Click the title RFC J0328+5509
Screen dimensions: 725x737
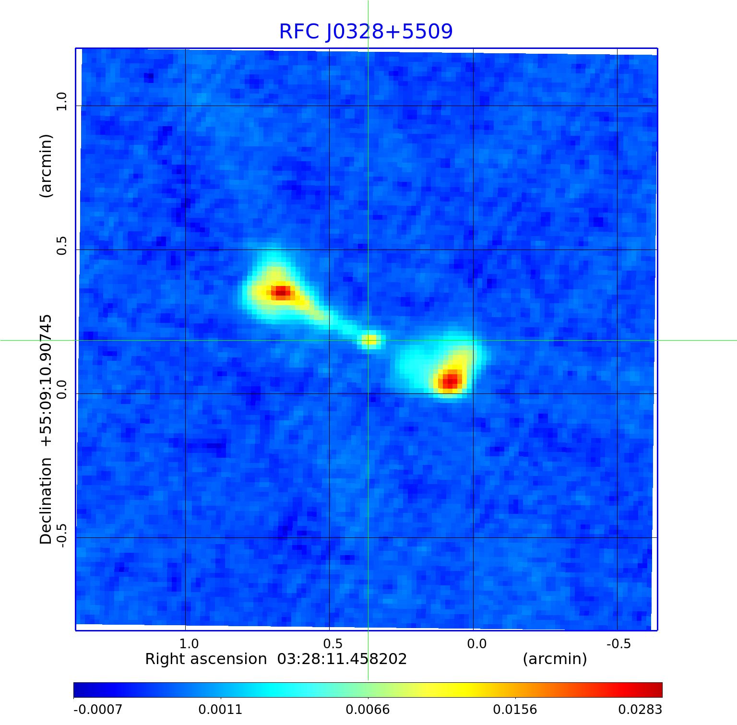(x=366, y=32)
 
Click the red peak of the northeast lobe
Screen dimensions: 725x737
(x=281, y=291)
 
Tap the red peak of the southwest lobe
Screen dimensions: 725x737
(x=450, y=380)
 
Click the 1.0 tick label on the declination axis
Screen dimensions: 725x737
(x=61, y=102)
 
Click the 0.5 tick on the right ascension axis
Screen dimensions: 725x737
(x=333, y=644)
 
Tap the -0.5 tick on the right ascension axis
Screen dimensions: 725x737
(x=618, y=644)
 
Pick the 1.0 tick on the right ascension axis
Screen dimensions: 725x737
(x=189, y=644)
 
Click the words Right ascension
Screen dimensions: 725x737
(x=206, y=659)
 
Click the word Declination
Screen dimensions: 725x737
(x=46, y=501)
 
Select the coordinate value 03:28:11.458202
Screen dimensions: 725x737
(x=342, y=659)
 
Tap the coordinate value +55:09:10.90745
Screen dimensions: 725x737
(x=46, y=380)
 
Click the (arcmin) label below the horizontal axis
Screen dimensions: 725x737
(x=555, y=659)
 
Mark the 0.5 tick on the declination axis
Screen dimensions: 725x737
(x=61, y=245)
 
